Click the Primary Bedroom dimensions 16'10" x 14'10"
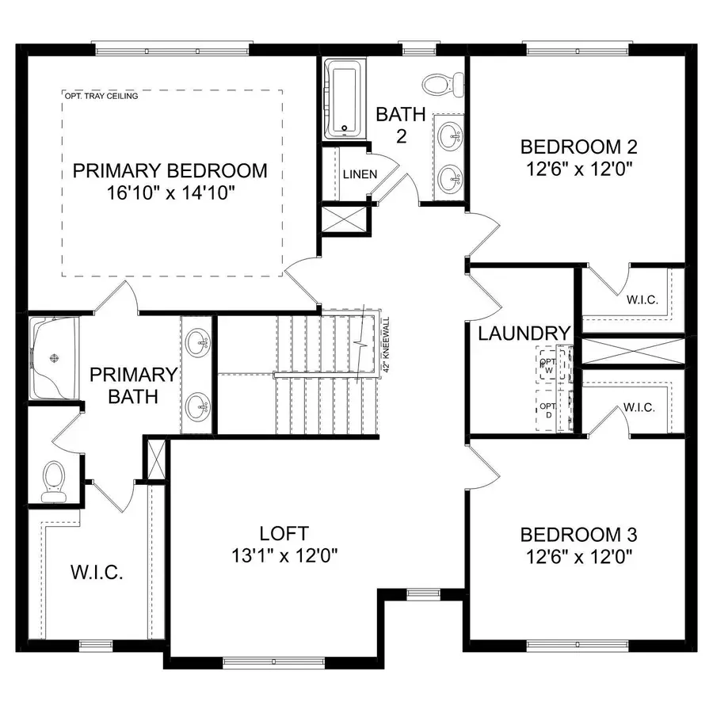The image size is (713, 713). (x=170, y=193)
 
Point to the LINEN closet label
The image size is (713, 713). (x=360, y=174)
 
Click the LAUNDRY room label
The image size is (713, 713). (x=524, y=334)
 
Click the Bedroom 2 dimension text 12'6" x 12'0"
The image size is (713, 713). (x=578, y=168)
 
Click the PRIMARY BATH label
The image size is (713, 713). (x=132, y=384)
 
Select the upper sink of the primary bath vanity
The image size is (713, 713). (x=197, y=342)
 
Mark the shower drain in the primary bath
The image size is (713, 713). (x=55, y=358)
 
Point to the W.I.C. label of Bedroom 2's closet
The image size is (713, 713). (x=640, y=300)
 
